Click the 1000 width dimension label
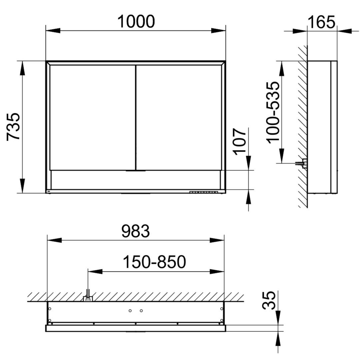(x=136, y=22)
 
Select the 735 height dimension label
(x=13, y=127)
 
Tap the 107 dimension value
(x=240, y=141)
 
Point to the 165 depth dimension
(x=321, y=22)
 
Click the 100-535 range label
(x=273, y=113)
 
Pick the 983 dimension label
(x=135, y=231)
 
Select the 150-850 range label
(x=155, y=262)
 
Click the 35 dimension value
(x=269, y=300)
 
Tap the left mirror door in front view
(x=93, y=118)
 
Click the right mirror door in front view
(x=179, y=118)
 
